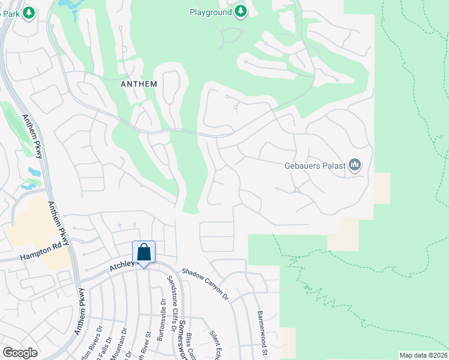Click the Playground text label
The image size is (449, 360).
[211, 12]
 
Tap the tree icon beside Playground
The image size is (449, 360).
[240, 12]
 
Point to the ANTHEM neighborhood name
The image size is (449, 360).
[139, 84]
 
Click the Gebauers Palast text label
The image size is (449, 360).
[315, 165]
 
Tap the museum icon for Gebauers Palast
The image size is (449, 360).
[355, 164]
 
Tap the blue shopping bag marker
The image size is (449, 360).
[144, 253]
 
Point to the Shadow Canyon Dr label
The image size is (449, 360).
[206, 284]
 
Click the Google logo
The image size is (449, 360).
[20, 353]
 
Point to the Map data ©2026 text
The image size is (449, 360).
[423, 355]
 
